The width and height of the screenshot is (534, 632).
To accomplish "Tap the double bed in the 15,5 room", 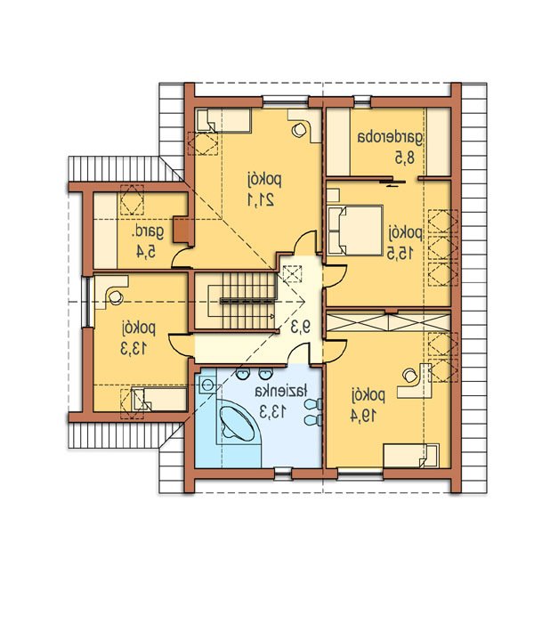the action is point(354,231).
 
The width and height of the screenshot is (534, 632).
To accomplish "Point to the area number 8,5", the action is point(405,158).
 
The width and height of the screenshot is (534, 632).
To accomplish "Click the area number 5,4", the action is point(146,252).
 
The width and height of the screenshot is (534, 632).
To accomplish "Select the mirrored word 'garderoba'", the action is point(390,138).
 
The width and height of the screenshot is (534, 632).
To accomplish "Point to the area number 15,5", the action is point(400,253).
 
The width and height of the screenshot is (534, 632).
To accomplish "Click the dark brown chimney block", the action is point(181,230).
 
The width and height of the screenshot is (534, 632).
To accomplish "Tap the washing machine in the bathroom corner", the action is point(206,384).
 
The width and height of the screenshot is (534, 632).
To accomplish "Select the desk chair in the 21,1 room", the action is point(299,130).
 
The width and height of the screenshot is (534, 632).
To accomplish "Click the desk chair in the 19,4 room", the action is point(409,375).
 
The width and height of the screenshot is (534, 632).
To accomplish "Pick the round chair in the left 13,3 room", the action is point(116,297).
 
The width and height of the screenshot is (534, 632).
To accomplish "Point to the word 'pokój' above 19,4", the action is point(368,396).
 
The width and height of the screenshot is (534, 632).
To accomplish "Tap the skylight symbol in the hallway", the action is point(292,274).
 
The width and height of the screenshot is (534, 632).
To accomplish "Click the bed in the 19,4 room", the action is point(410,457).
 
